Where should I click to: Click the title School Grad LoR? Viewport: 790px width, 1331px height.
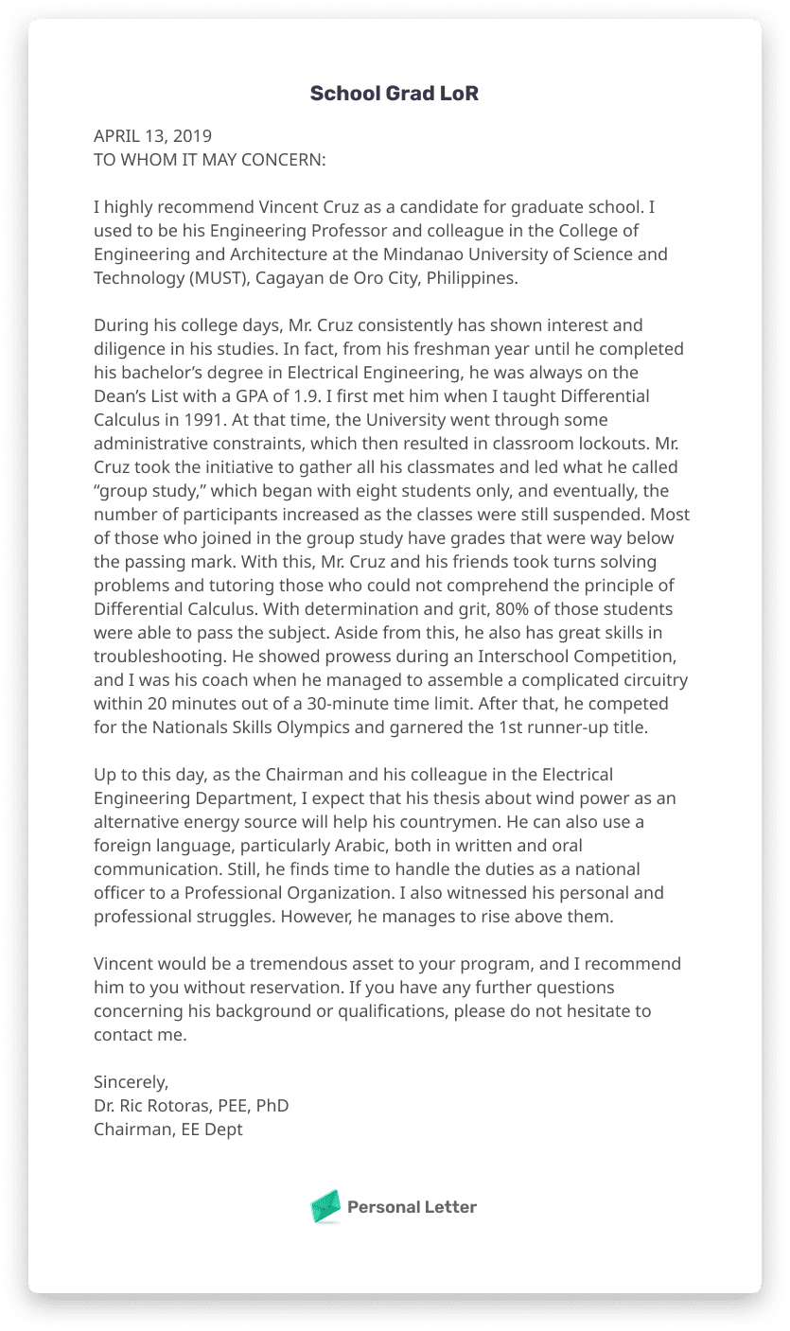pos(395,94)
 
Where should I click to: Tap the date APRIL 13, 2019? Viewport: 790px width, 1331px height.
pos(152,136)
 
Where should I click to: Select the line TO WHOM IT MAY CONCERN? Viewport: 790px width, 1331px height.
pos(209,160)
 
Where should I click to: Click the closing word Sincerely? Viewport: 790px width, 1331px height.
pos(131,1082)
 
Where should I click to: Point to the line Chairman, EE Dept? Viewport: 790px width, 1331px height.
pos(168,1130)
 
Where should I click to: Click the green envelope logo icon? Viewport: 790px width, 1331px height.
pos(325,1206)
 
